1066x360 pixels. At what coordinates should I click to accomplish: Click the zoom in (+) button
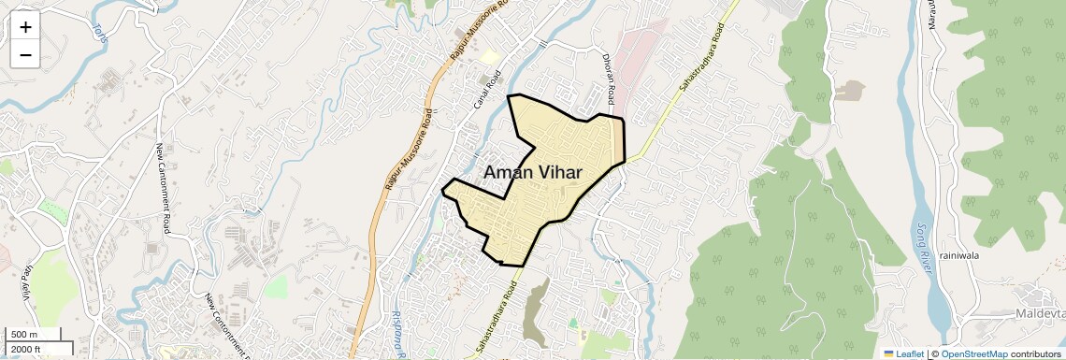click(x=25, y=26)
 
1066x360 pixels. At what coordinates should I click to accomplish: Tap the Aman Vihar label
click(x=533, y=172)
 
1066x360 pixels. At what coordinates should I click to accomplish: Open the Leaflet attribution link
click(x=903, y=354)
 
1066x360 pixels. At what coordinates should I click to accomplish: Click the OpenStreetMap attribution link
click(x=973, y=354)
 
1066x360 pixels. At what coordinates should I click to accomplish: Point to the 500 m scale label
click(x=24, y=335)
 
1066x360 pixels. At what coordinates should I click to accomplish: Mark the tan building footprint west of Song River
click(x=850, y=91)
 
